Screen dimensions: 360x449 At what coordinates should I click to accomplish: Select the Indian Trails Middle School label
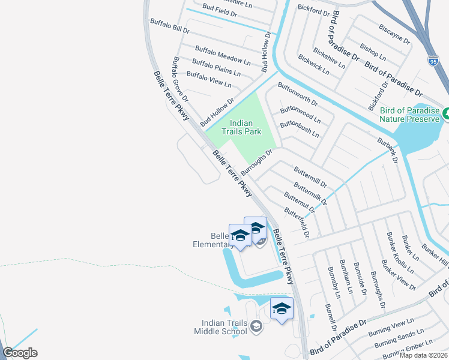coord(220,327)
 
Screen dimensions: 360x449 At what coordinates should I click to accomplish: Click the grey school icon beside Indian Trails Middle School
coord(256,326)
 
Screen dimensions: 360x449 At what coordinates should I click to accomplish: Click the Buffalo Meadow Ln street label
coord(223,55)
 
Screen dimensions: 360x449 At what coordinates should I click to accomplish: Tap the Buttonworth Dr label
coord(302,94)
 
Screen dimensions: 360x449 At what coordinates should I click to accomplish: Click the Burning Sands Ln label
coord(399,338)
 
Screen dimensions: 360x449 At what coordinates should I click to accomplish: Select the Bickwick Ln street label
coord(313,65)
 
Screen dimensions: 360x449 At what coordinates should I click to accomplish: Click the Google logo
coord(20,353)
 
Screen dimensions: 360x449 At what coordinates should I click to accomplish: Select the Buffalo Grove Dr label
coord(181,79)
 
